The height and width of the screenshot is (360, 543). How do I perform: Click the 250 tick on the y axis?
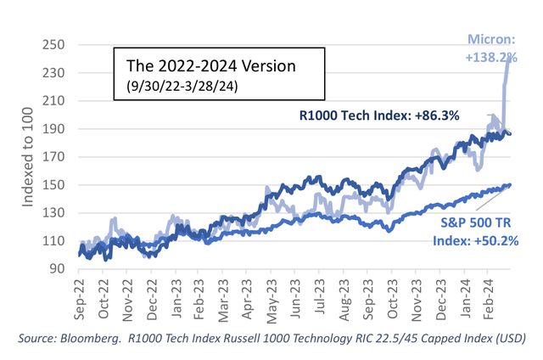pos(59,45)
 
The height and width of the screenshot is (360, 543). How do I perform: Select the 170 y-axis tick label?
pos(59,157)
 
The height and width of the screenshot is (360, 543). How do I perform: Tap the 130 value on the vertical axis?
pos(59,213)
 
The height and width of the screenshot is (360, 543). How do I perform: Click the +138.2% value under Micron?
pos(510,56)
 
